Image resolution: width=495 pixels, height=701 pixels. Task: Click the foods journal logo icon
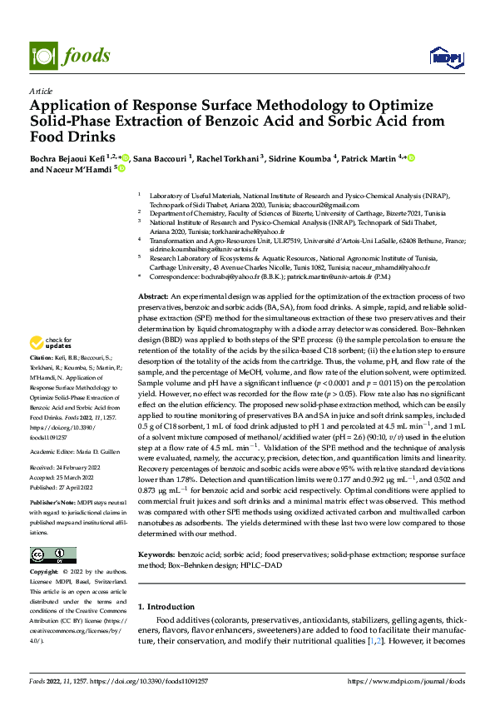(42, 55)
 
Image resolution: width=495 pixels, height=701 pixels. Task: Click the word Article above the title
(40, 91)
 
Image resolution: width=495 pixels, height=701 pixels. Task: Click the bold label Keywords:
(156, 552)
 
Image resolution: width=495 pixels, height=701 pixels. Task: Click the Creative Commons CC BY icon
(52, 555)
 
